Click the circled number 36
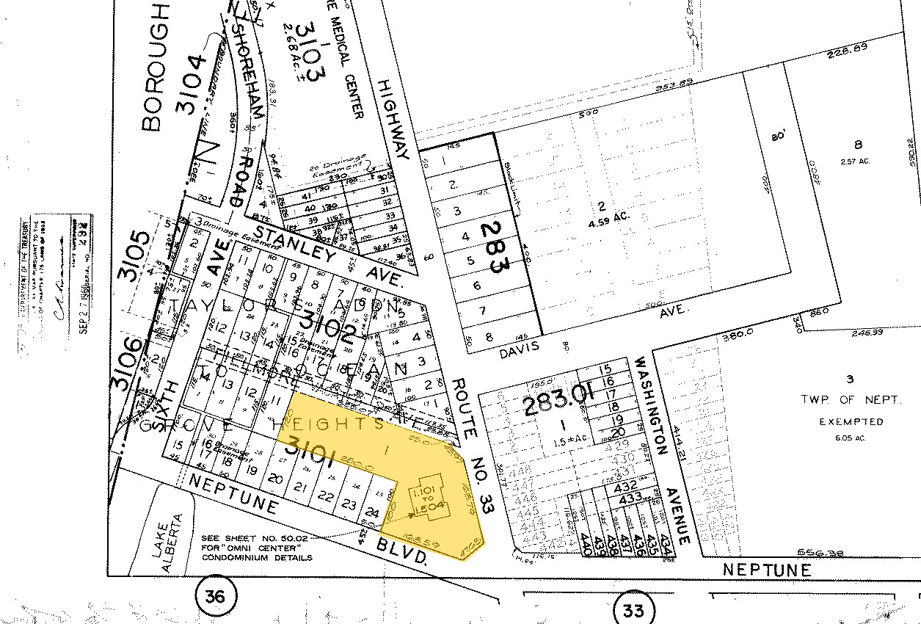tap(216, 598)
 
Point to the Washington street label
tap(650, 405)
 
